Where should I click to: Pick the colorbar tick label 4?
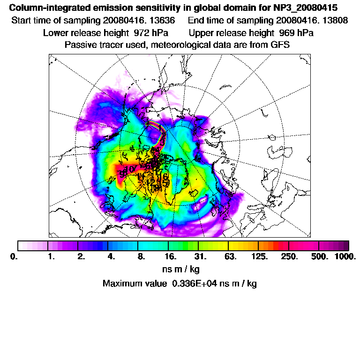112,257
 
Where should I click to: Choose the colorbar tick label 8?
141,257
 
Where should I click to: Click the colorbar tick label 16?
171,257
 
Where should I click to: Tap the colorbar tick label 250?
289,257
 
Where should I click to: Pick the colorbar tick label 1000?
345,257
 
